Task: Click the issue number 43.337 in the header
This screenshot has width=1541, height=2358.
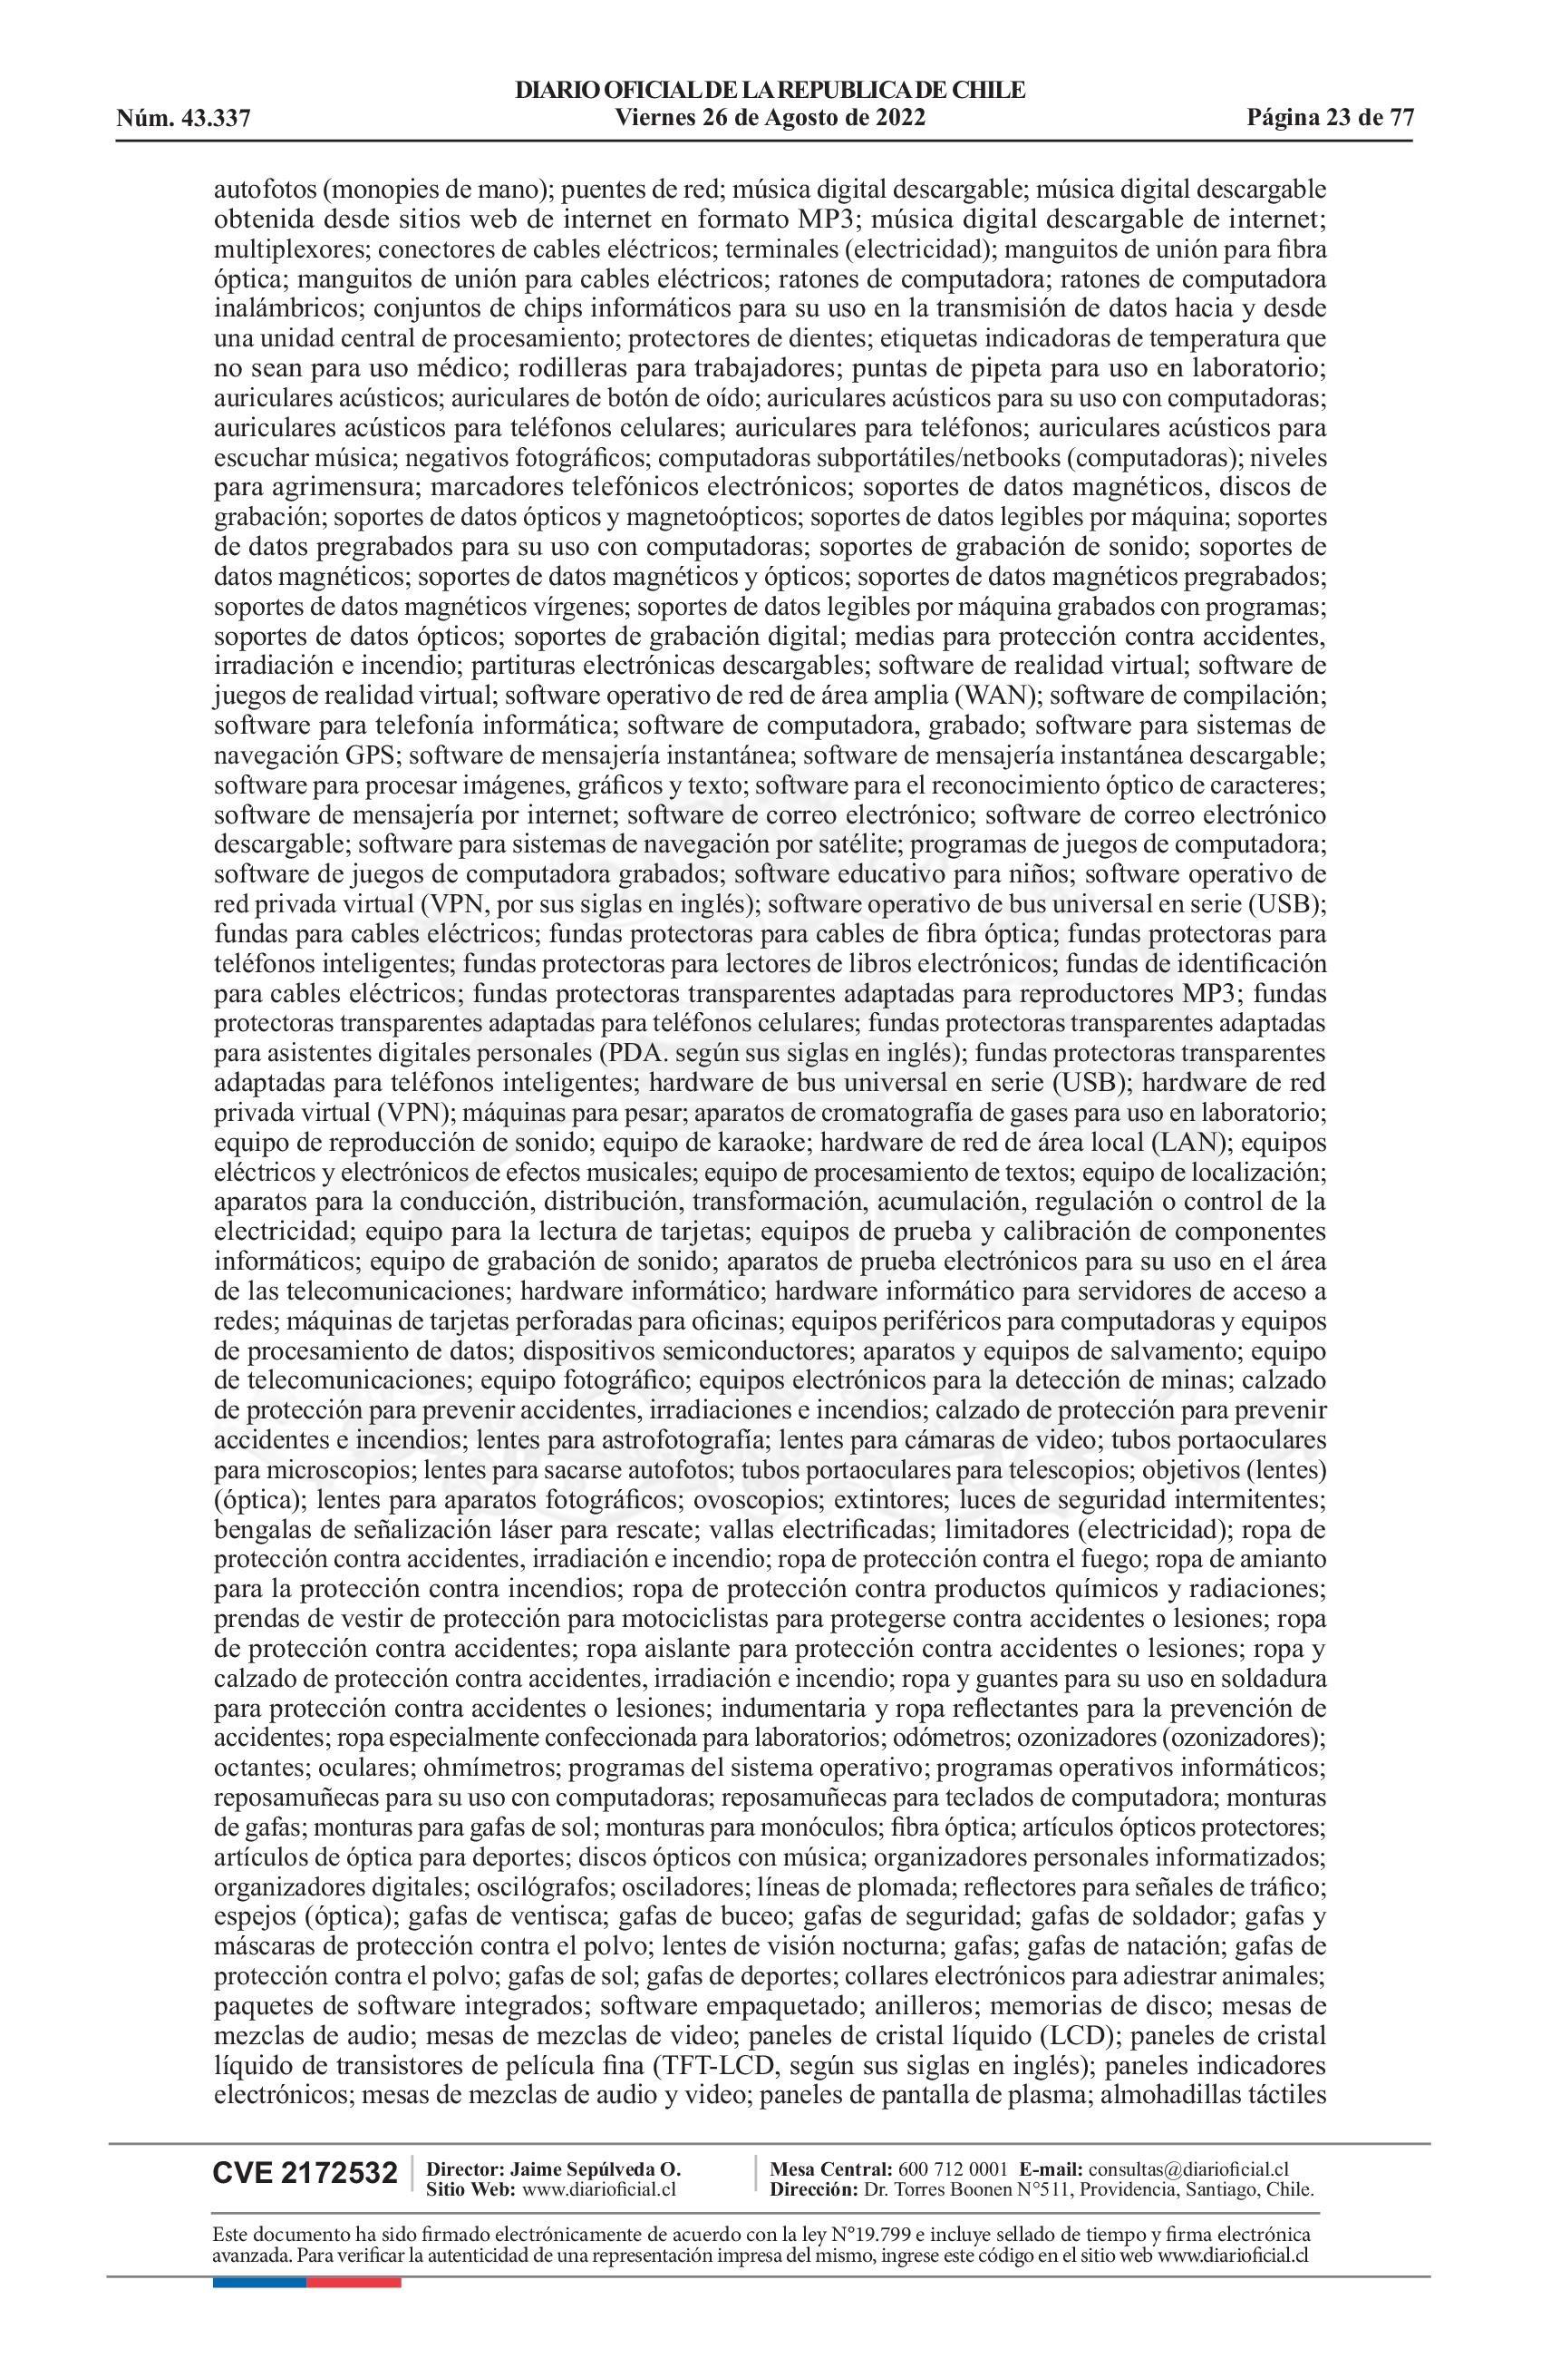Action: tap(214, 120)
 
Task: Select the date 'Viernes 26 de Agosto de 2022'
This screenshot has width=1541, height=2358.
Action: tap(770, 119)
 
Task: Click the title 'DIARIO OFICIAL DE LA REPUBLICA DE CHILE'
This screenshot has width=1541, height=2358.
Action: tap(770, 92)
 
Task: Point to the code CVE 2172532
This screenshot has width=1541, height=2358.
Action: tap(305, 2175)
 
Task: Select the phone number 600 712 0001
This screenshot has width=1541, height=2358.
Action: tap(952, 2168)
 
